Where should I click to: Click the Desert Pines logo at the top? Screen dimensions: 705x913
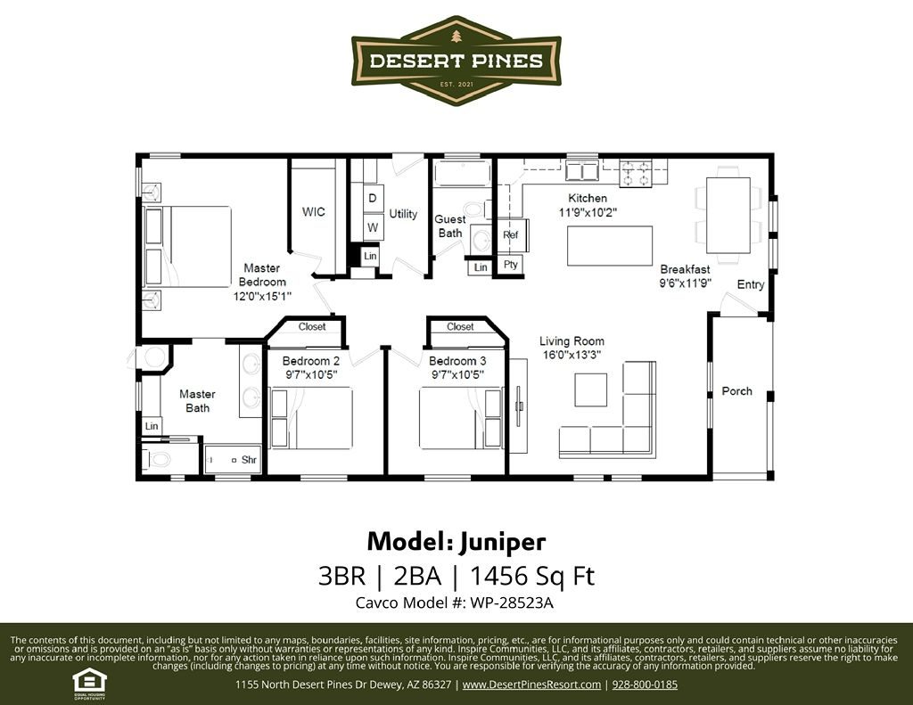click(456, 61)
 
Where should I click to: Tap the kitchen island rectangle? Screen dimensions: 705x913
click(610, 246)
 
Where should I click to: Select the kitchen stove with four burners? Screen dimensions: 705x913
click(637, 173)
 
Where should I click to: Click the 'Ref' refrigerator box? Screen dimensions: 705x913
click(511, 235)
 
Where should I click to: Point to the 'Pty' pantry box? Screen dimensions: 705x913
click(511, 265)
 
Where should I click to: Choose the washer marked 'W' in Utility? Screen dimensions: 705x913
click(373, 227)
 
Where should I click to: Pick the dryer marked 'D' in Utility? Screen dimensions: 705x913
click(373, 197)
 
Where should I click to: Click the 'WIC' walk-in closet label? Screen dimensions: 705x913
click(313, 212)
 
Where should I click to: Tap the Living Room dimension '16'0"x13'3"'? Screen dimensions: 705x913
click(572, 354)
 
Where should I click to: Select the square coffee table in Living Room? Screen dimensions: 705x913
click(590, 389)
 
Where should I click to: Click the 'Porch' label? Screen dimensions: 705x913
click(736, 391)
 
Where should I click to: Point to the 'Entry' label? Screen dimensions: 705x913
click(750, 285)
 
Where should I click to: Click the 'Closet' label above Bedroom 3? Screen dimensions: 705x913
click(460, 327)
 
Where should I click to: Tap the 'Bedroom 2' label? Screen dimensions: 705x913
click(310, 361)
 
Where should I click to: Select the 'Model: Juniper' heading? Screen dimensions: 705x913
click(456, 541)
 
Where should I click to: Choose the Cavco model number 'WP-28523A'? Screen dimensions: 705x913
click(505, 603)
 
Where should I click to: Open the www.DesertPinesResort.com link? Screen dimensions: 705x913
click(531, 685)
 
